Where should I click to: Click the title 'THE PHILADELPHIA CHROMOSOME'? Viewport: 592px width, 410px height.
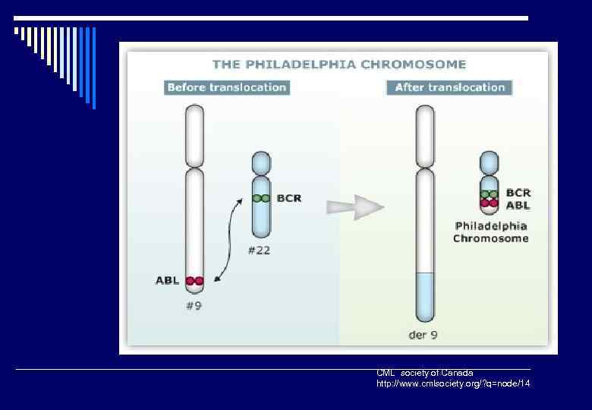point(339,65)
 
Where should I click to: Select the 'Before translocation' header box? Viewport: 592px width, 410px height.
point(227,87)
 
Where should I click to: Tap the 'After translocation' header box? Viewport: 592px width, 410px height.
point(450,87)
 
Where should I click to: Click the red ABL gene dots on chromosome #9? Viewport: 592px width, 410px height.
point(195,281)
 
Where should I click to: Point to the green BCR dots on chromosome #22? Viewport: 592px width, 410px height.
point(261,198)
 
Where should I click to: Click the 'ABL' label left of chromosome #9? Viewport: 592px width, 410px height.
point(168,280)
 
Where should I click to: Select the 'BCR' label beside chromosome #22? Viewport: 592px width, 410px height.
point(289,198)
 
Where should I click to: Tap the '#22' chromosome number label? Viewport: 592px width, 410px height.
point(259,251)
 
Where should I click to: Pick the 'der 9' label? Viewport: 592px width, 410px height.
point(423,334)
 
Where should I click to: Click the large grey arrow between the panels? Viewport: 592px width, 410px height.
point(354,207)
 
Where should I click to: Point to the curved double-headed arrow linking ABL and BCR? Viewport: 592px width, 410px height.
point(227,239)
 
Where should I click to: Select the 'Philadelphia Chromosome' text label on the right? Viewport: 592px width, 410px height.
point(491,232)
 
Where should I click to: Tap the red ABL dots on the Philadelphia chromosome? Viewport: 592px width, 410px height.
point(490,203)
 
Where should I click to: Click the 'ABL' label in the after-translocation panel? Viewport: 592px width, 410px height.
point(518,205)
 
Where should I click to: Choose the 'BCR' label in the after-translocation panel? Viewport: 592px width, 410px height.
point(518,193)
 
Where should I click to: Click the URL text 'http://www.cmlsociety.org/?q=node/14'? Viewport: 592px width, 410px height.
point(453,384)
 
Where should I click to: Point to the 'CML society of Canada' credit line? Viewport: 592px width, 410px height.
point(425,373)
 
